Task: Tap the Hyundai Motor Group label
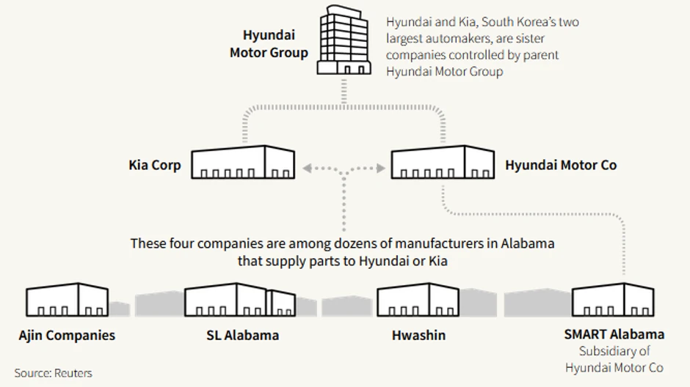(269, 44)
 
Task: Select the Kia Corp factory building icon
(243, 163)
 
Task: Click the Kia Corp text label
(155, 165)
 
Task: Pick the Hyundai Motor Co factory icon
(442, 163)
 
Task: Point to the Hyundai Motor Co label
(561, 165)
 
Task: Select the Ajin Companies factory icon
(67, 301)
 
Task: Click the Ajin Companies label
(67, 336)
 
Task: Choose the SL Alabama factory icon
(240, 301)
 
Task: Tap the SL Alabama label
(243, 336)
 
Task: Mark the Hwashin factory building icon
(418, 301)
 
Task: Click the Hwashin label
(418, 336)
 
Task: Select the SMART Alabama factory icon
(613, 301)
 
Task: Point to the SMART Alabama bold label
(614, 334)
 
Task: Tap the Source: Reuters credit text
(54, 373)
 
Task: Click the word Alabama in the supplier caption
(528, 243)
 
